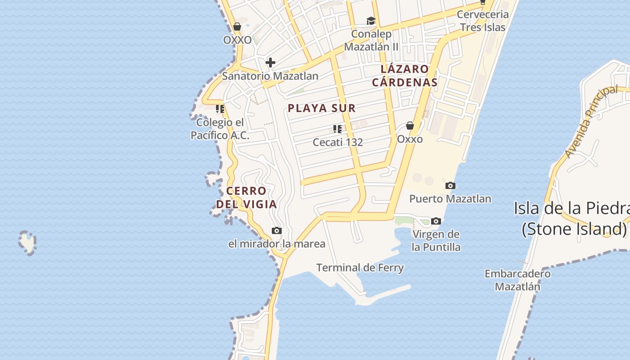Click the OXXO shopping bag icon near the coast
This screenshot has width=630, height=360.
tap(237, 27)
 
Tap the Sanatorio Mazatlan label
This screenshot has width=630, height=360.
tap(270, 76)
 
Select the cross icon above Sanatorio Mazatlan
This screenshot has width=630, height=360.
tap(270, 62)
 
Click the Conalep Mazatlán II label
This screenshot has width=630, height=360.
tap(371, 40)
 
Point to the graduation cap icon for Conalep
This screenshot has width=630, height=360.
tap(371, 21)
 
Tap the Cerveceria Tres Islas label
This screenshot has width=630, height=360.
tap(482, 21)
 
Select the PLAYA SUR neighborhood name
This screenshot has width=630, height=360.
tap(322, 108)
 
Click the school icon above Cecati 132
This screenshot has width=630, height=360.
tap(337, 130)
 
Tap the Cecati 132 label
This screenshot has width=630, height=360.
tap(337, 142)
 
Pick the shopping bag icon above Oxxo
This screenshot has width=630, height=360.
tap(410, 126)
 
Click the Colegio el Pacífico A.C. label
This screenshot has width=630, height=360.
tap(220, 129)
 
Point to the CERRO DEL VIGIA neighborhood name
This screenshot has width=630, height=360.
tap(246, 198)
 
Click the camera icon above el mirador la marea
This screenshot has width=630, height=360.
tap(277, 231)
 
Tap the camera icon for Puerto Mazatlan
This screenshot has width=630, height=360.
tap(450, 185)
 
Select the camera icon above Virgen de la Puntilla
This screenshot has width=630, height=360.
tap(436, 221)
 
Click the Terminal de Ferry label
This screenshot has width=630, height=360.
tap(360, 268)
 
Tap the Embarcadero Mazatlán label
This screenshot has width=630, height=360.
tap(517, 280)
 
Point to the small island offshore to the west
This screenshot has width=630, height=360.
tap(27, 243)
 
